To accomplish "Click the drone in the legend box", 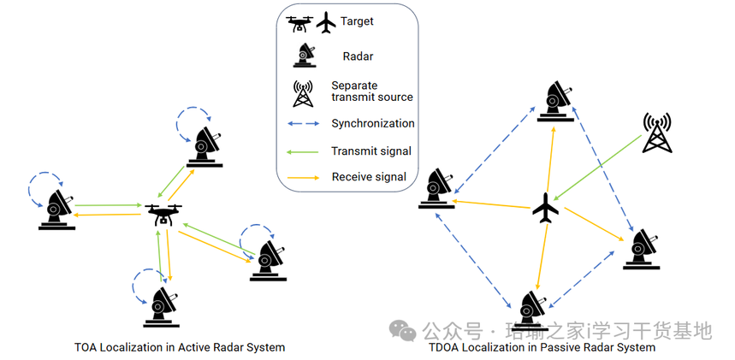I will pyautogui.click(x=301, y=23).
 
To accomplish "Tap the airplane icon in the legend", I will pyautogui.click(x=326, y=23).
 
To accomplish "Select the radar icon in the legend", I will pyautogui.click(x=304, y=56).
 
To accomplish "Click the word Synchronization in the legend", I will pyautogui.click(x=373, y=123).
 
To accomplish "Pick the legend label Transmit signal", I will pyautogui.click(x=371, y=150).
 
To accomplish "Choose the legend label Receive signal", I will pyautogui.click(x=370, y=178).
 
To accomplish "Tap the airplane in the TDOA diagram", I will pyautogui.click(x=545, y=208).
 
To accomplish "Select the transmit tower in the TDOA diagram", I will pyautogui.click(x=655, y=133).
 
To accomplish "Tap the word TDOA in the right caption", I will pyautogui.click(x=446, y=348).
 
